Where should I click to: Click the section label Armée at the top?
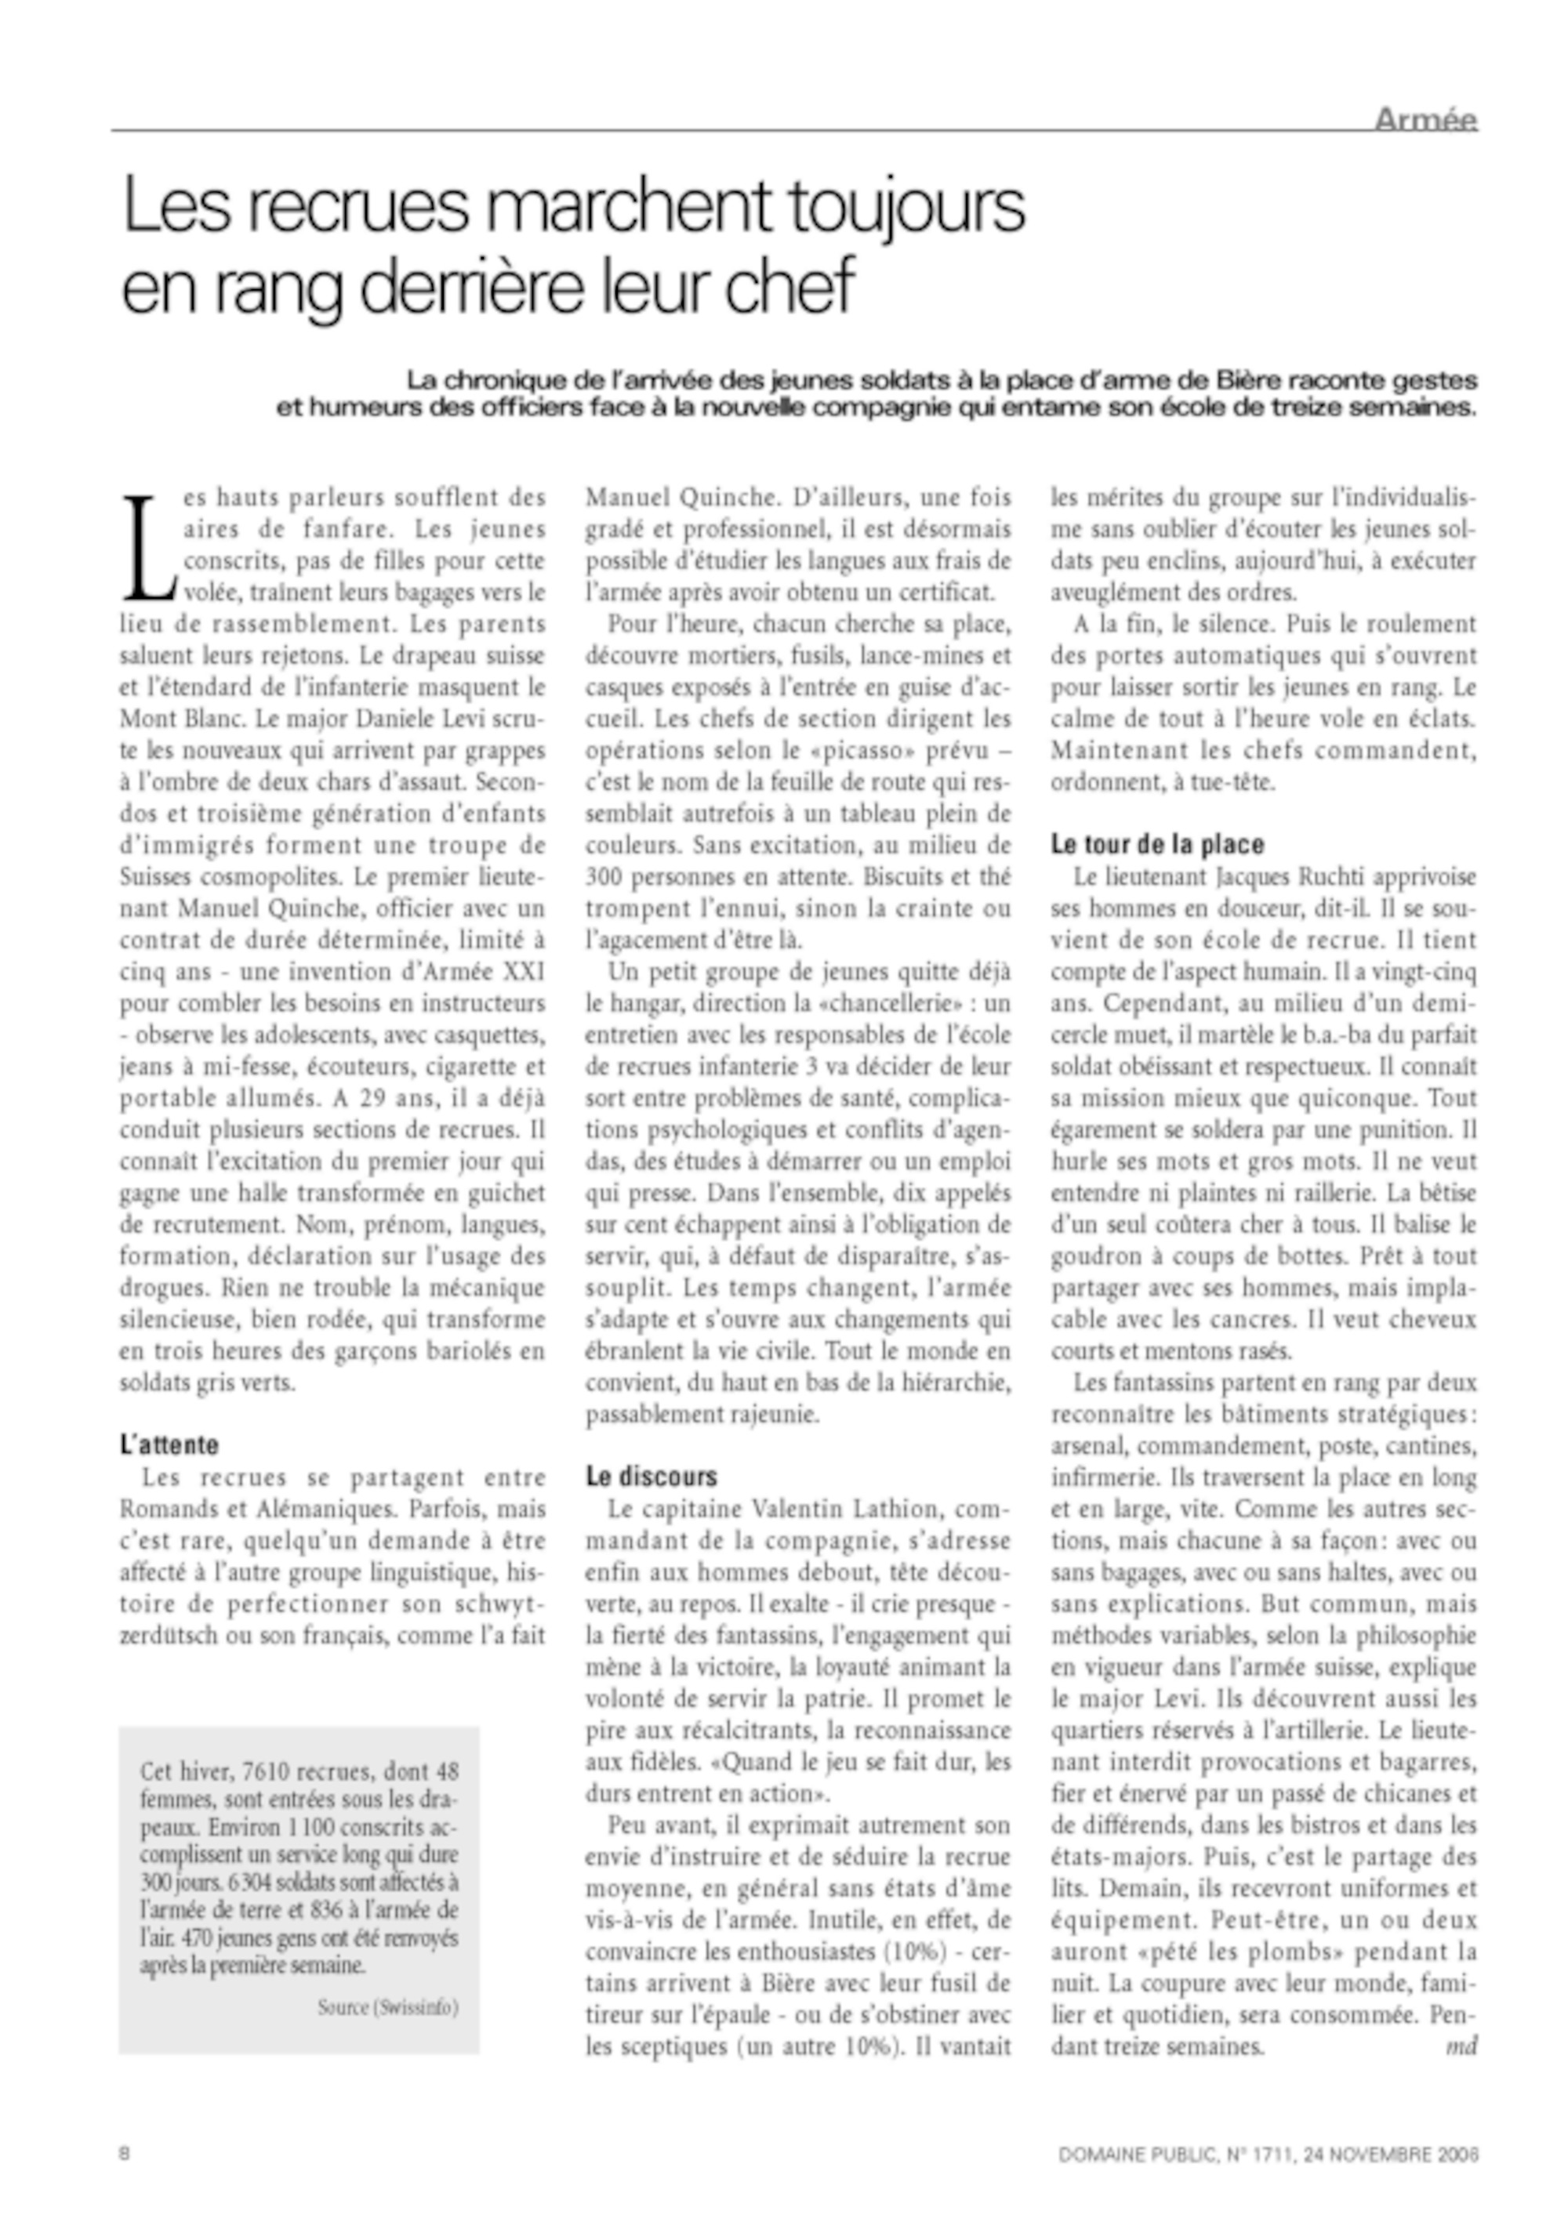(1426, 120)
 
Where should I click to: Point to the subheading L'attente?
(169, 1445)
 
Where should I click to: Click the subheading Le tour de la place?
(1157, 844)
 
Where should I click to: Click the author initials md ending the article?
(1461, 2047)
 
